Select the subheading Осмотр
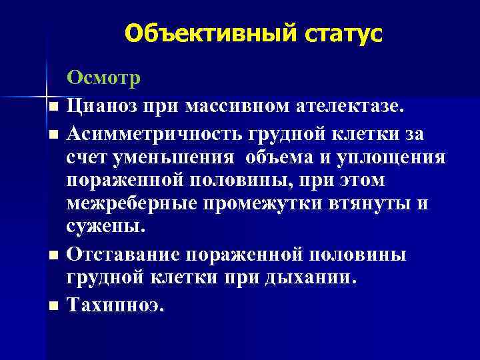point(103,79)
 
